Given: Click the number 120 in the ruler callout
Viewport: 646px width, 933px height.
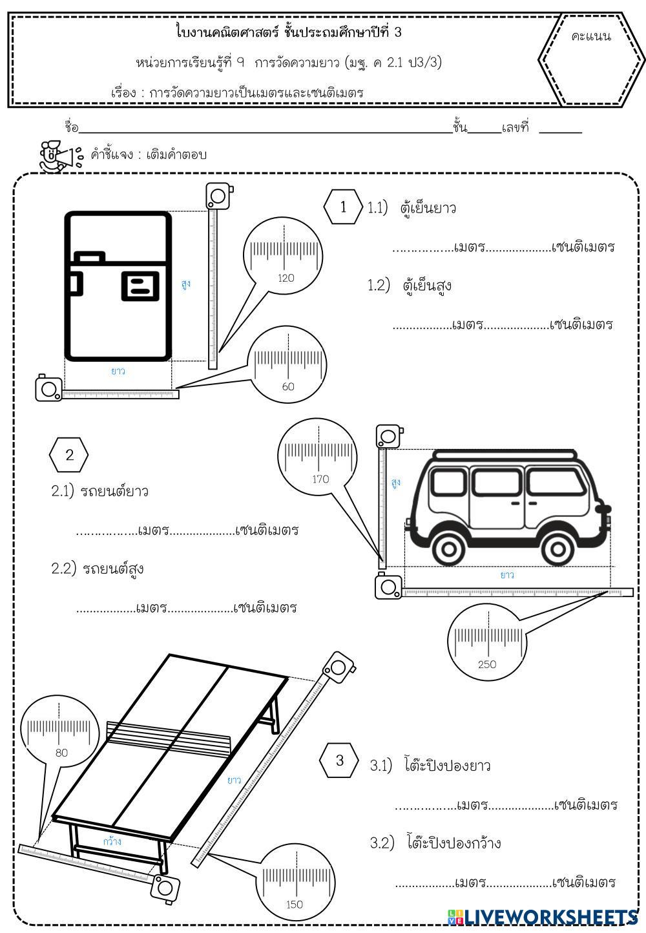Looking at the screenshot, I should click(285, 278).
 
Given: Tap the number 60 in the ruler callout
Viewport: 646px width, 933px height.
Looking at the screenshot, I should click(288, 386).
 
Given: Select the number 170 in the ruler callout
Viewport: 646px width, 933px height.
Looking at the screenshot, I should click(320, 479).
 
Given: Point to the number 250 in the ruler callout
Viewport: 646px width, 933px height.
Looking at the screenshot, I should click(487, 664).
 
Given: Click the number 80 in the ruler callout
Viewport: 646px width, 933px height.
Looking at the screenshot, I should click(61, 753).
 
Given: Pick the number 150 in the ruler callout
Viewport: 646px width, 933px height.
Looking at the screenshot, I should click(294, 904).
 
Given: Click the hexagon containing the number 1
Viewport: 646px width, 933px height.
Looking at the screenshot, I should click(343, 207).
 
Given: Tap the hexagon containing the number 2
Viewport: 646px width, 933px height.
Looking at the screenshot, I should click(69, 455).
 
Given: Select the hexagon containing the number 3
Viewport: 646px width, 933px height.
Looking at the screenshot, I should click(340, 760).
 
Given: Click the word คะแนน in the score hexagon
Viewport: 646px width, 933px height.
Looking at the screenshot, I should click(591, 36).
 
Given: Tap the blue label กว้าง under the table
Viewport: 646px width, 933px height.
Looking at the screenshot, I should click(112, 841).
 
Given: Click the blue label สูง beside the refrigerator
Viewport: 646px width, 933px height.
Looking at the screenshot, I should click(186, 284).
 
